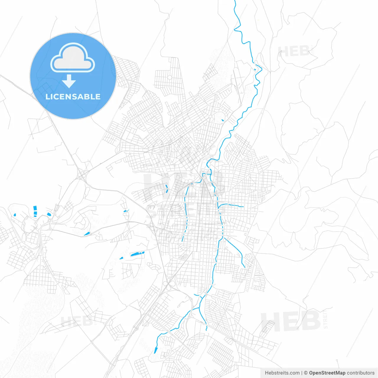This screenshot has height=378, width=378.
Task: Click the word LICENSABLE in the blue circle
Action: click(73, 97)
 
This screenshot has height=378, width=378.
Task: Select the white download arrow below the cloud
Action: click(69, 81)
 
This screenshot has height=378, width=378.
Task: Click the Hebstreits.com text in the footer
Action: click(282, 373)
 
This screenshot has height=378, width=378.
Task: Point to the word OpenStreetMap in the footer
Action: click(327, 373)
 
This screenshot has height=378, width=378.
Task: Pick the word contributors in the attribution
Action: click(361, 373)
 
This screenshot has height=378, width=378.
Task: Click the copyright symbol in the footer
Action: click(306, 373)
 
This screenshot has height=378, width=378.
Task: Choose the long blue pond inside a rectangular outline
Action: click(137, 253)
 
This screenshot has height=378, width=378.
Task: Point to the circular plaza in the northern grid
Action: click(170, 77)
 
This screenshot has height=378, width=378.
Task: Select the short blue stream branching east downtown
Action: click(232, 205)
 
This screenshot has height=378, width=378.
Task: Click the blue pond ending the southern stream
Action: click(156, 350)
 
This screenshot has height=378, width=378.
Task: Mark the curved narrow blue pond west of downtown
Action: click(167, 188)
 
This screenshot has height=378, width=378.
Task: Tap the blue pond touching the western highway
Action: click(87, 234)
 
